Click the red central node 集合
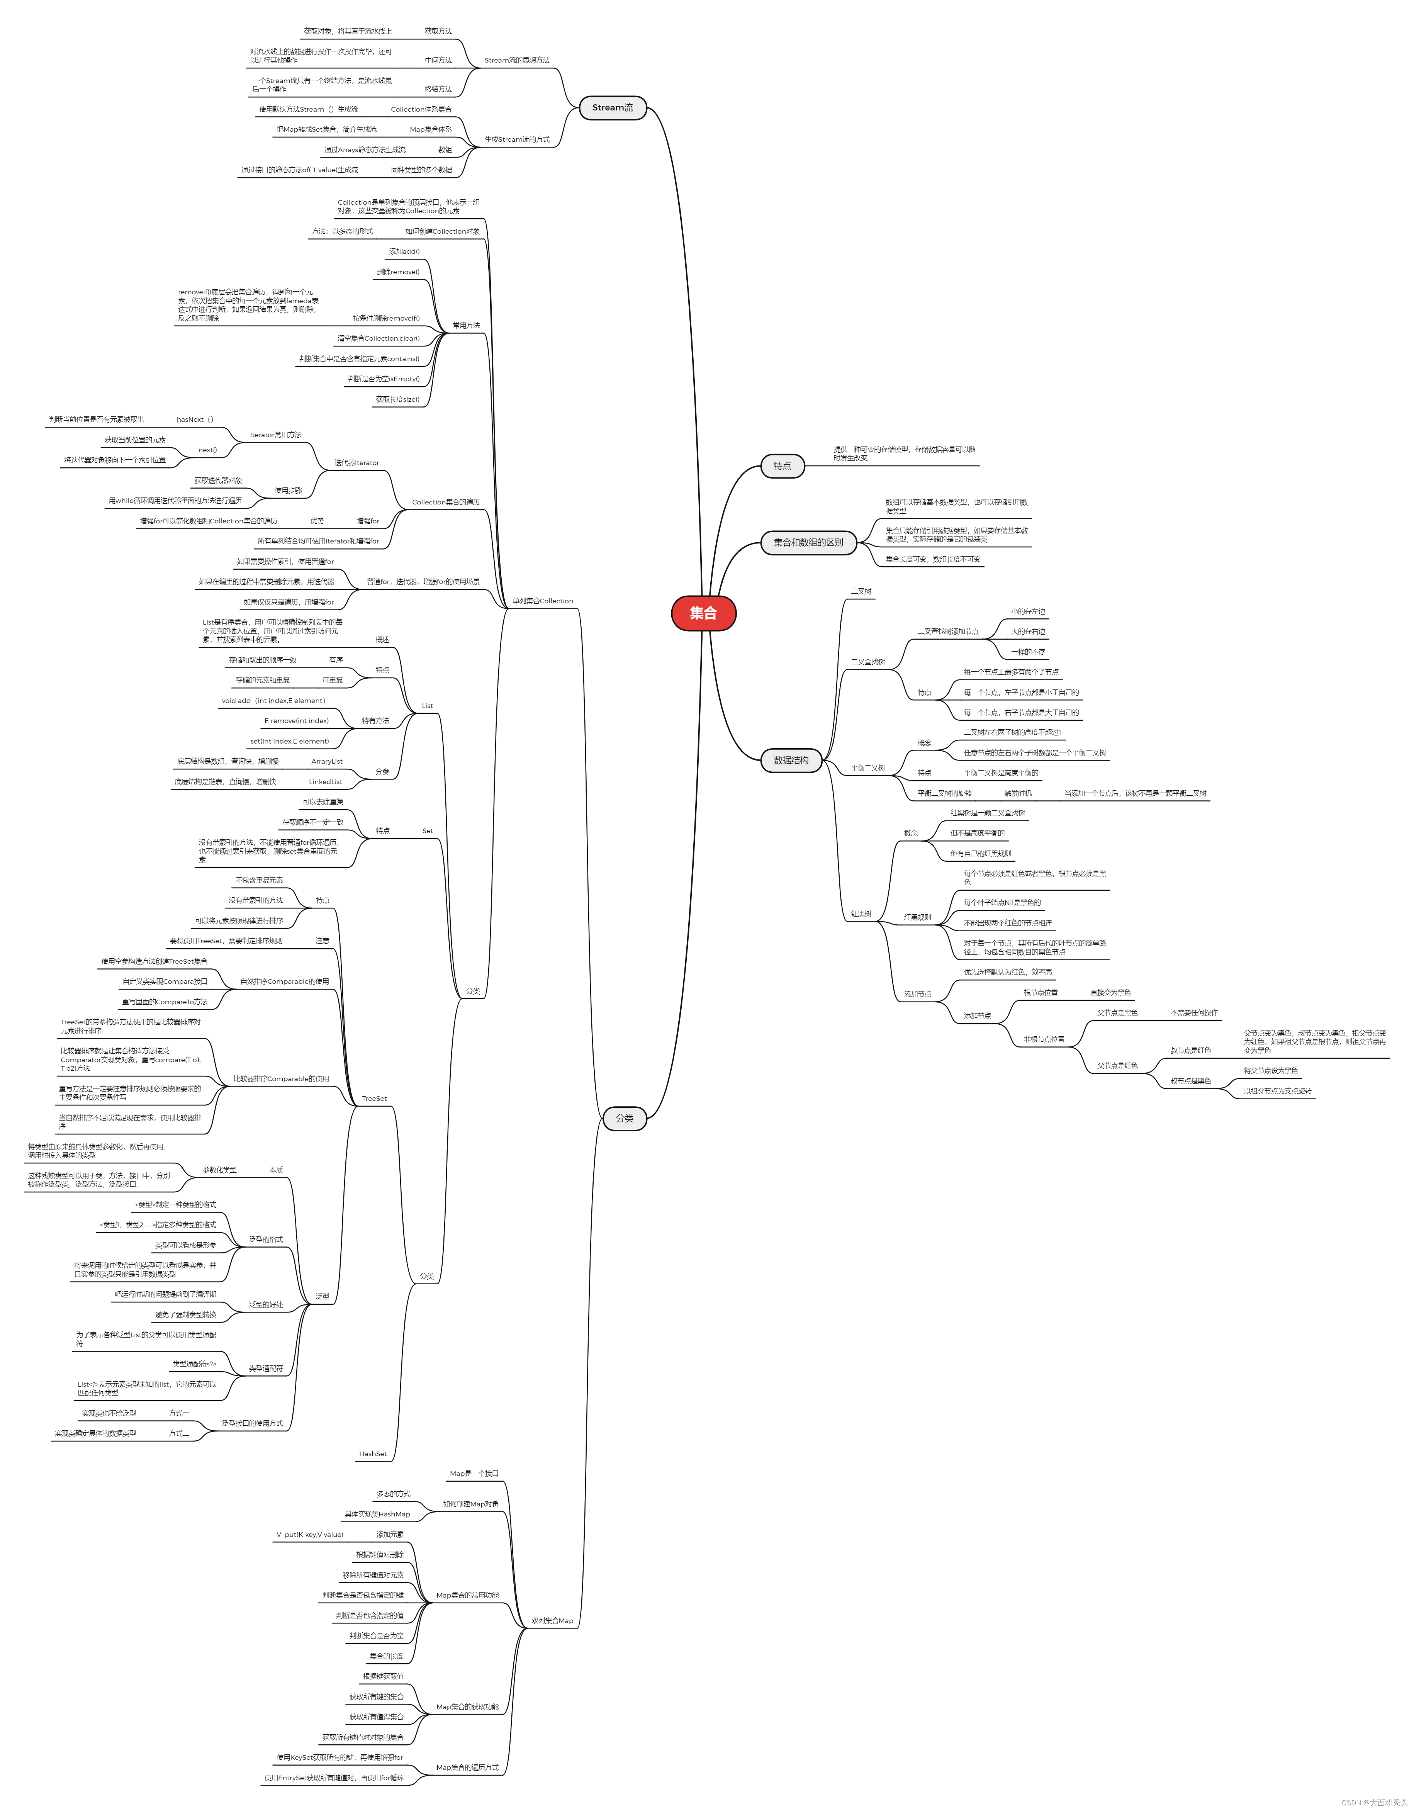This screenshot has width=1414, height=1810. pos(703,613)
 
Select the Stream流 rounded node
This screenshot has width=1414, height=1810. pos(613,108)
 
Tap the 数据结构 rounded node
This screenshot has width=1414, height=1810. pos(791,760)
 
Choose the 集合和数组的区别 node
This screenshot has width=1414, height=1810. pos(808,543)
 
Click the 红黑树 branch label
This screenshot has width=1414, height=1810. pos(861,913)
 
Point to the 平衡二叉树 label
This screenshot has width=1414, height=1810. pos(868,768)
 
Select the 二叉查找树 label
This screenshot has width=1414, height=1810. pos(868,662)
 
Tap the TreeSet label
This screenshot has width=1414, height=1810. pos(374,1099)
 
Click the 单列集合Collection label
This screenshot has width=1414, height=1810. pos(542,601)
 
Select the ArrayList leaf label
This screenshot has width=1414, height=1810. pos(327,762)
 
